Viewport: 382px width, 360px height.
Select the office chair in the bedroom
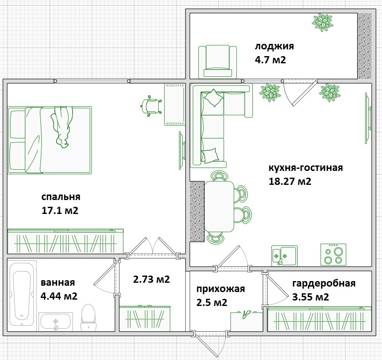[x=151, y=106]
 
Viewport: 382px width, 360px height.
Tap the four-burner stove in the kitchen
[x=333, y=254]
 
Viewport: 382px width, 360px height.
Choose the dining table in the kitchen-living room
[x=219, y=206]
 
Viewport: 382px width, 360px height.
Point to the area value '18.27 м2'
[x=290, y=181]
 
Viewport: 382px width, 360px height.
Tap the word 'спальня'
[x=61, y=197]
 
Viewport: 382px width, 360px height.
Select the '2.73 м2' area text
[x=152, y=279]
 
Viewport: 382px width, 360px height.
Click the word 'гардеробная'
[x=324, y=283]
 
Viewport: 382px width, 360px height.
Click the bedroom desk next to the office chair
[x=174, y=104]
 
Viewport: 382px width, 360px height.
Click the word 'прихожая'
[x=220, y=289]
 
